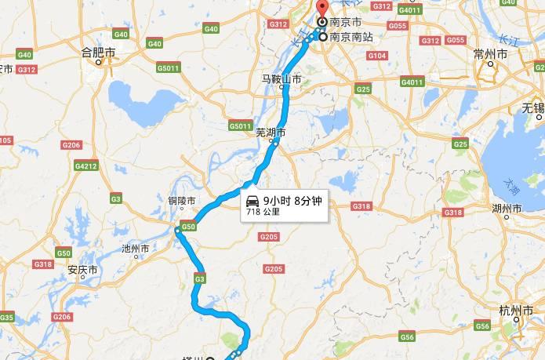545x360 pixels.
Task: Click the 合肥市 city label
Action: [x=99, y=53]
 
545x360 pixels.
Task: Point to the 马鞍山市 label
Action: [x=282, y=78]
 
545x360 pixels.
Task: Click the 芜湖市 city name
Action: [x=271, y=133]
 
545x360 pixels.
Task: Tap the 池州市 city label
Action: [x=136, y=249]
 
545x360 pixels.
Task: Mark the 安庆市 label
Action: [x=82, y=270]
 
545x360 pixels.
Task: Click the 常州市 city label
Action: [x=492, y=53]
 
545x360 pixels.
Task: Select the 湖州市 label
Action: [x=506, y=209]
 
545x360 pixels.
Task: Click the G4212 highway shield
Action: [x=85, y=166]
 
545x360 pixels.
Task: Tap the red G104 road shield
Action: [x=377, y=56]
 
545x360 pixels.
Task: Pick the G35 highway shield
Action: [x=7, y=317]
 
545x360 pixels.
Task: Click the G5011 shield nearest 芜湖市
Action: [x=240, y=126]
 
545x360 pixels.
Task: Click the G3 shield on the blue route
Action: [x=200, y=278]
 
